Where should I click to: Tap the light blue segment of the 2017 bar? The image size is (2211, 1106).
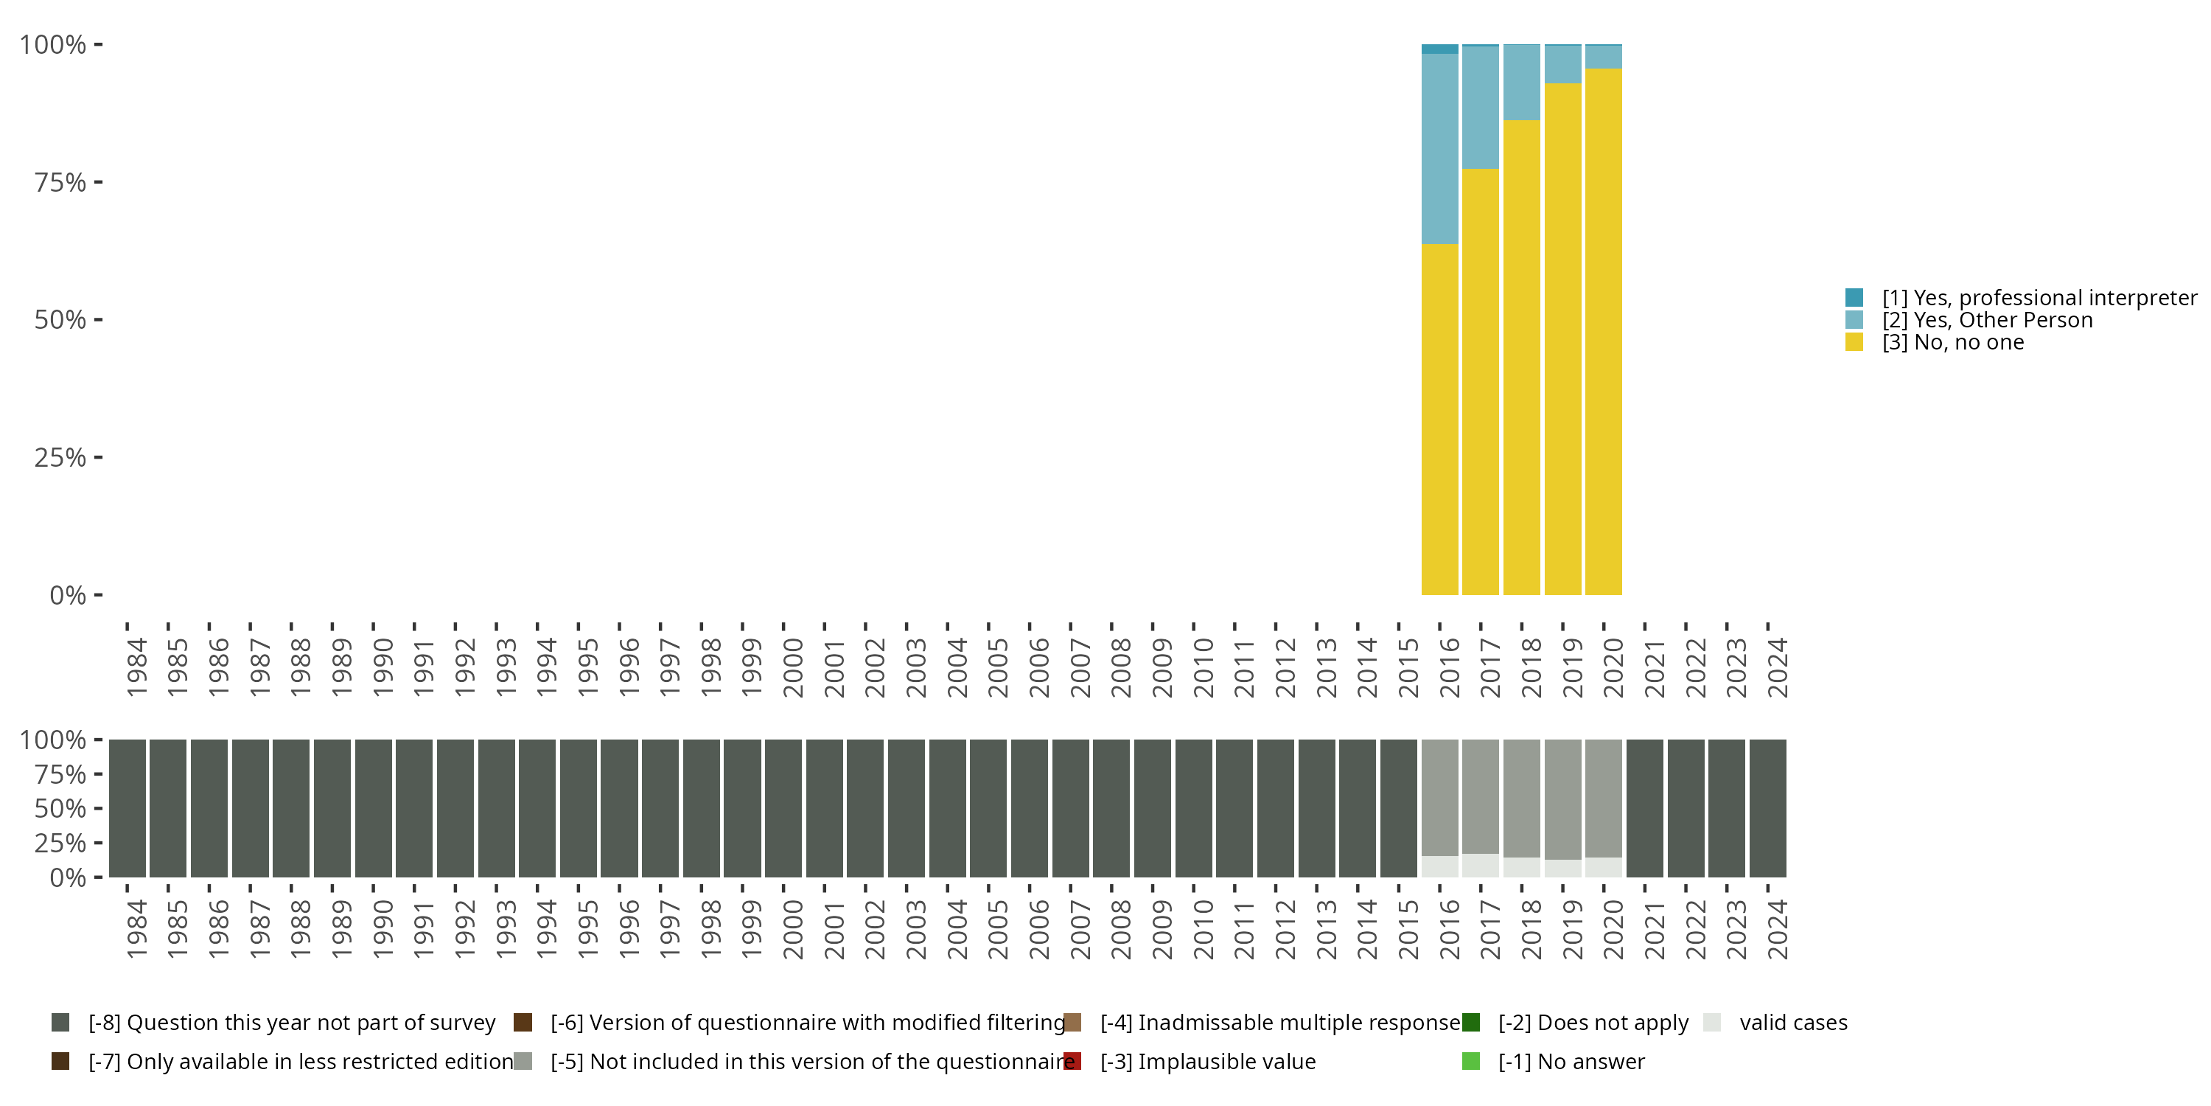click(1481, 108)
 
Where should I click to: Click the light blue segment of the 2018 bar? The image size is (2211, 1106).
click(1522, 83)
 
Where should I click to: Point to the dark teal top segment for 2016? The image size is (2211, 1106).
click(1439, 49)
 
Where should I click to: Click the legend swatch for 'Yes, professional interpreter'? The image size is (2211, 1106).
click(1854, 298)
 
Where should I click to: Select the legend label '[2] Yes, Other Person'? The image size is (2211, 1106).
click(1987, 320)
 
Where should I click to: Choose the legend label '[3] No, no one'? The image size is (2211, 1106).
click(1952, 343)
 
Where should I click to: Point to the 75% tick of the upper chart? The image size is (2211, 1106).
click(98, 182)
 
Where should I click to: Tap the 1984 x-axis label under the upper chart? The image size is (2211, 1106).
click(136, 667)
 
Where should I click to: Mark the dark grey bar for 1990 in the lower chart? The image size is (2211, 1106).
click(374, 808)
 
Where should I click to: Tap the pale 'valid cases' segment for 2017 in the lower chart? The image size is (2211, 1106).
click(1481, 866)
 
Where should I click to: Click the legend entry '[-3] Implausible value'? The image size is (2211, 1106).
click(1206, 1061)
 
